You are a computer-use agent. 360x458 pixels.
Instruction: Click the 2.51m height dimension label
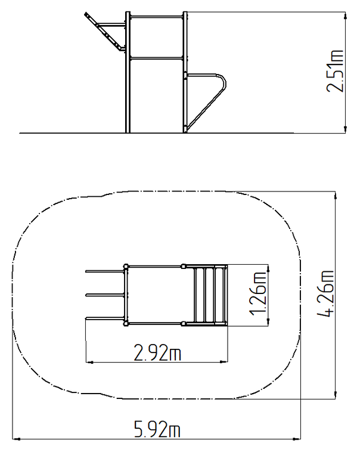coord(335,72)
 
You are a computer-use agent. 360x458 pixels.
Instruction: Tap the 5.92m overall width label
coord(157,429)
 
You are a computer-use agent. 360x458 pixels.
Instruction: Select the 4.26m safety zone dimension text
coord(325,293)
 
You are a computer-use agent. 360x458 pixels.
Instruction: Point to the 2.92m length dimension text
coord(157,352)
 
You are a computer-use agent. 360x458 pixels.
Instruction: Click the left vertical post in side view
coord(128,72)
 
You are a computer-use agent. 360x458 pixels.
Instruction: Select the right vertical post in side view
coord(185,72)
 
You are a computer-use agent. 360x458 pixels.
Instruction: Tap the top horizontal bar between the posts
coord(156,16)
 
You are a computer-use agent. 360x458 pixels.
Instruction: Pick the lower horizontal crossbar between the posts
coord(156,58)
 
